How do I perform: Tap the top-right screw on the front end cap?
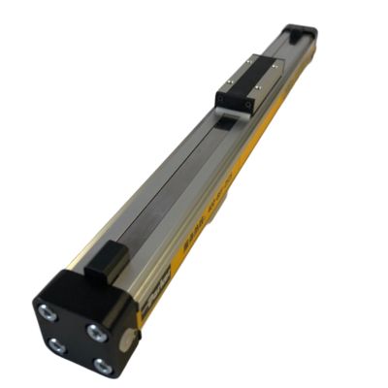point(96,331)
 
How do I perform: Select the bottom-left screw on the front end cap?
point(55,342)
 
